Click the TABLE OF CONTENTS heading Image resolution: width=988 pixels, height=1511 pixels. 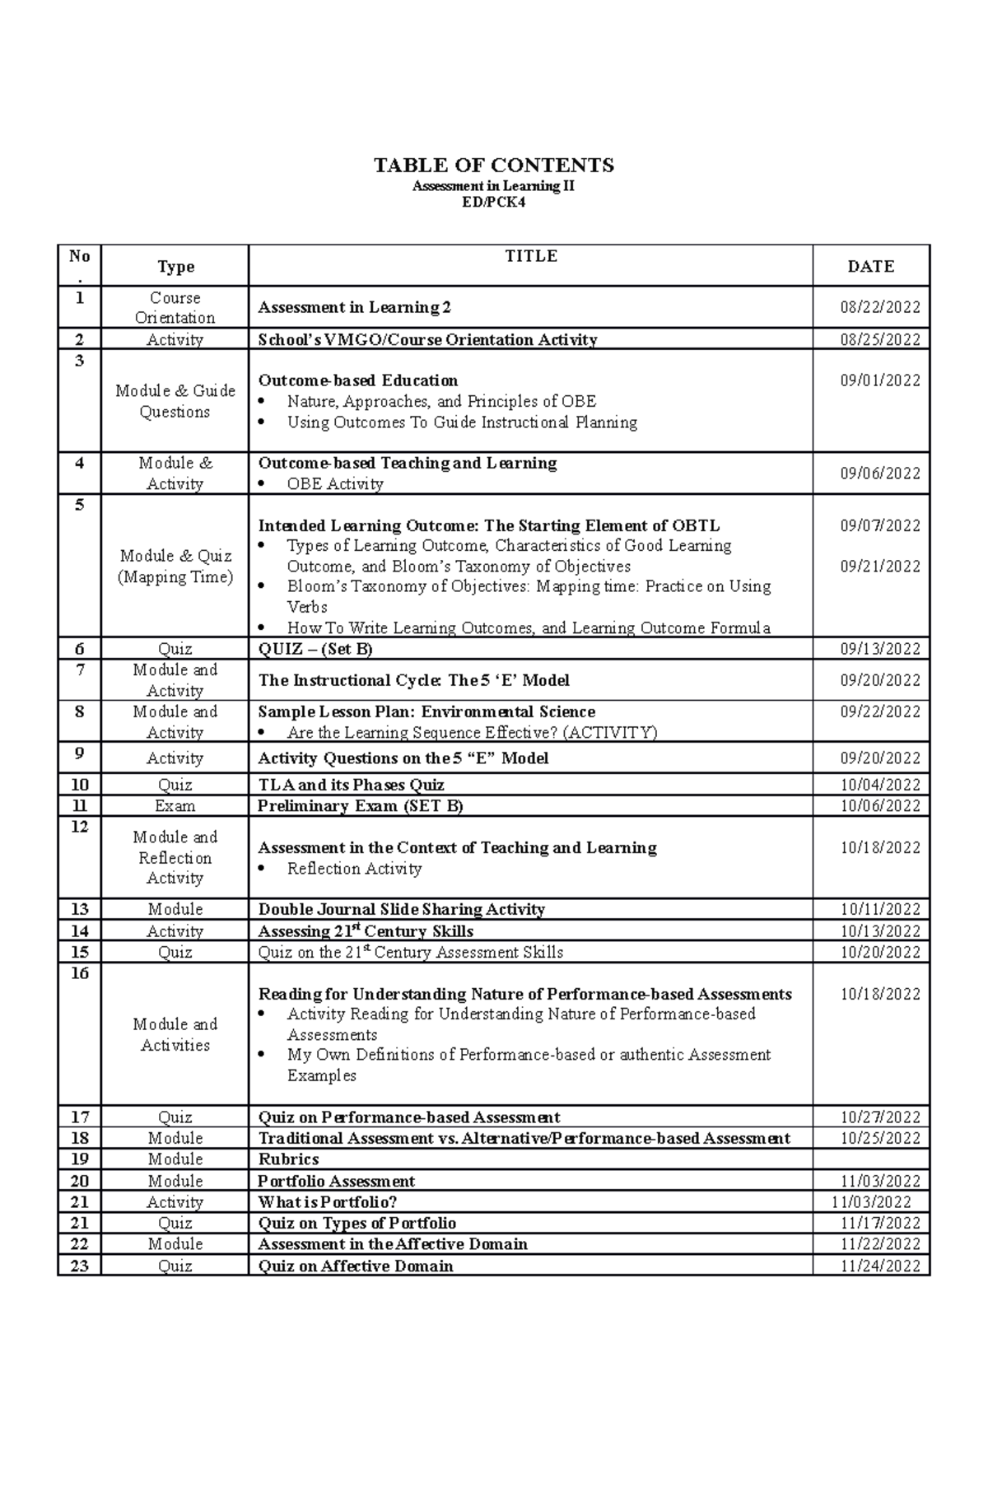click(x=493, y=166)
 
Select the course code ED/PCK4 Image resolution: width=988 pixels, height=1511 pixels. click(x=493, y=202)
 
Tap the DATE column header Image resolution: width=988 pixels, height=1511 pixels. click(x=870, y=266)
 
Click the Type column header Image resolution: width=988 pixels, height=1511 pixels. click(x=175, y=266)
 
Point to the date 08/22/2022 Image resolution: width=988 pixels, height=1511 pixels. click(x=879, y=308)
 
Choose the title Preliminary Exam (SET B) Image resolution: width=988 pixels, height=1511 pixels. click(x=360, y=806)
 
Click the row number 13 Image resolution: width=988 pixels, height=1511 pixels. click(x=79, y=909)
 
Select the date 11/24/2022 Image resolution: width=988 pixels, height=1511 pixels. click(x=879, y=1266)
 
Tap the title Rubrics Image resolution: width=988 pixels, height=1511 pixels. click(x=288, y=1159)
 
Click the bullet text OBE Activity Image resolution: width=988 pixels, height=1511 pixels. click(x=334, y=484)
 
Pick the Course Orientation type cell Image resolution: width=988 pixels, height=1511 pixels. click(x=175, y=307)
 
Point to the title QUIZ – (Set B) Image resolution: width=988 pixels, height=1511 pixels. click(x=315, y=649)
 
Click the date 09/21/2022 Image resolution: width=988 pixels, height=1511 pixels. click(x=879, y=567)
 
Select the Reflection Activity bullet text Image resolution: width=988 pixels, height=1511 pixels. click(x=354, y=869)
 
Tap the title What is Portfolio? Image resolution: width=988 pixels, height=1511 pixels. click(x=328, y=1202)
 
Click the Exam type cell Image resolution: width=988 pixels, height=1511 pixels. click(x=175, y=806)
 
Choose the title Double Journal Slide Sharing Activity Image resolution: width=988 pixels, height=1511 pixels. click(x=401, y=909)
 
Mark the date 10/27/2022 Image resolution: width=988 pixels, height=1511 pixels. click(x=879, y=1117)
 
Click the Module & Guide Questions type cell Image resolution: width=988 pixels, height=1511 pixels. click(x=175, y=401)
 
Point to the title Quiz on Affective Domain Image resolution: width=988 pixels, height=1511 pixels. click(x=355, y=1266)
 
